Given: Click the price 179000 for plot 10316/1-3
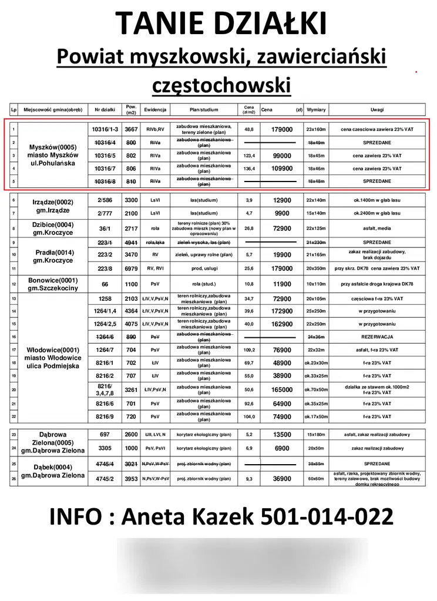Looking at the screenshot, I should [x=282, y=129].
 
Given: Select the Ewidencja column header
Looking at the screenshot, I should [x=156, y=110].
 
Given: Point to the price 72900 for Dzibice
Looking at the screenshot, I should [x=282, y=228].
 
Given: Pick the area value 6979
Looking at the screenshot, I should [x=132, y=268].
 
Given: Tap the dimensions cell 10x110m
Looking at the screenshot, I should [x=317, y=284].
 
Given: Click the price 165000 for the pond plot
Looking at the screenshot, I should [x=282, y=390].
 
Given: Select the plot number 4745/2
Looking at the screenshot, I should [x=105, y=479].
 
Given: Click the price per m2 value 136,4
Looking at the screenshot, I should [x=249, y=169].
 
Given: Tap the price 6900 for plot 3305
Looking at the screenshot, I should [x=282, y=448].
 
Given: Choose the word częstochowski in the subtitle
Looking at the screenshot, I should [x=221, y=84].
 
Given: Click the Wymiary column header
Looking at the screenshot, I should [x=317, y=110].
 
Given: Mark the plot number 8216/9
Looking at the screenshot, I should [x=105, y=417].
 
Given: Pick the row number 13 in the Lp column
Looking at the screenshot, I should [x=13, y=299].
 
